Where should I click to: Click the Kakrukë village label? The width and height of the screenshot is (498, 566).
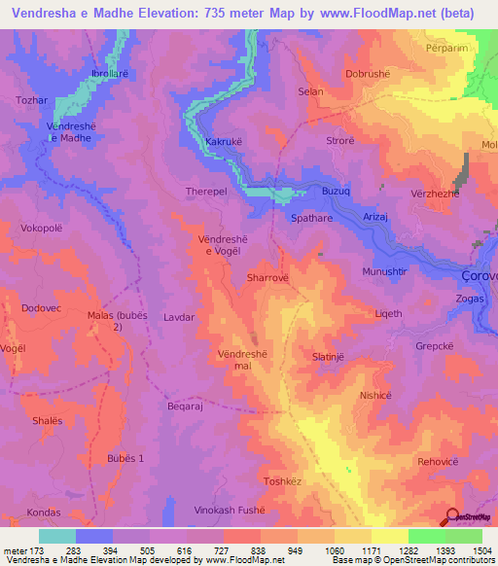(225, 142)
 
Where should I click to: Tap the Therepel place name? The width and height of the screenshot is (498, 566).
(206, 193)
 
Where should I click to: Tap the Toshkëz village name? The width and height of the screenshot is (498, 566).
(285, 481)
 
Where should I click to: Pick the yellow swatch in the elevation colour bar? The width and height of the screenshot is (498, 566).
(389, 536)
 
